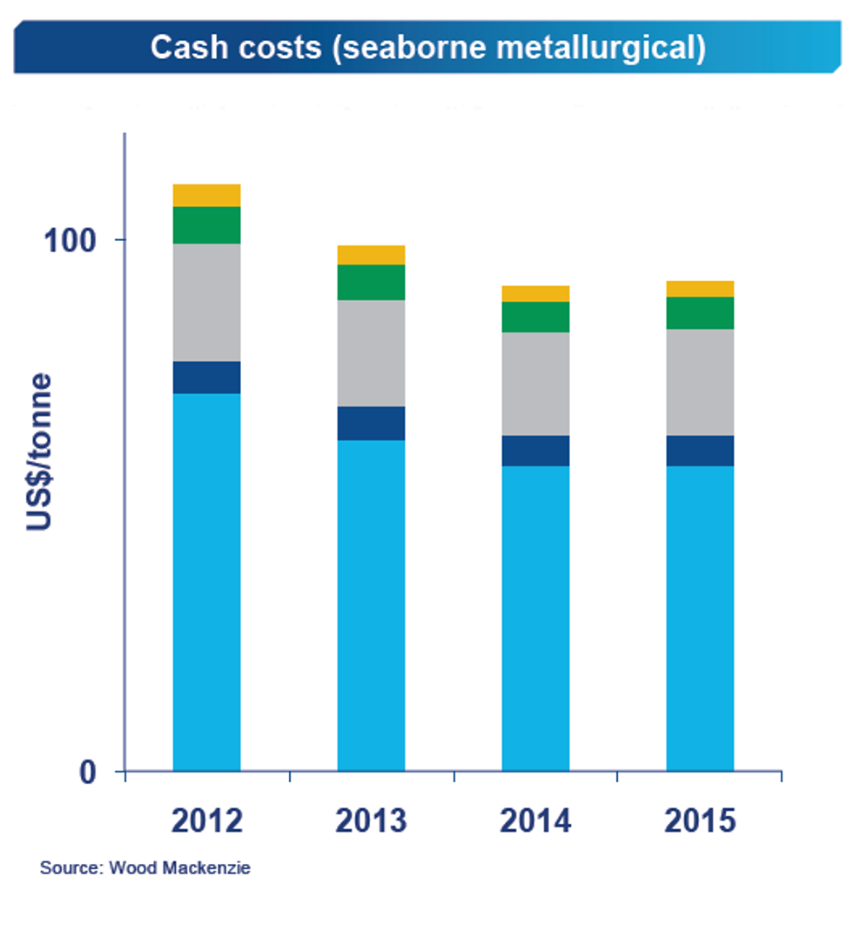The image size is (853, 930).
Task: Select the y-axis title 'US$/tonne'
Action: [40, 452]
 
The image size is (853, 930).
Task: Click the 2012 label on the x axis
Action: [207, 820]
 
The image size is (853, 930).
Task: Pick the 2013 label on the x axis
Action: [372, 820]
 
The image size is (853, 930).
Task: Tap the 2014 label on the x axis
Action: [536, 820]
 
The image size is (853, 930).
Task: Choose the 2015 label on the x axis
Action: [701, 820]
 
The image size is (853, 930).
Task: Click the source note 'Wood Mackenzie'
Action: [144, 868]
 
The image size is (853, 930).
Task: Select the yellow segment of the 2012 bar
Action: [207, 195]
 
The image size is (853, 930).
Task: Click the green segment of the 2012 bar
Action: [207, 224]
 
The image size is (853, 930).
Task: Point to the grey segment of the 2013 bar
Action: [372, 353]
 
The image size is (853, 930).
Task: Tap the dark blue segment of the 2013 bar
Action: [372, 424]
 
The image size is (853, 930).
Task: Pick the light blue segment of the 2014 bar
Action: [536, 619]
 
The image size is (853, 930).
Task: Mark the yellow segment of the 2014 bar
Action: [536, 293]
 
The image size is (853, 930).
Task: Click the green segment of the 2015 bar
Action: [701, 313]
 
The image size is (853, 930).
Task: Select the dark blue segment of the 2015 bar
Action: [701, 451]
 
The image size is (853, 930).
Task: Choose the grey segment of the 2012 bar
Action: [207, 302]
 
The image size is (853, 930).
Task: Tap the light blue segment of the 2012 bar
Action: [207, 583]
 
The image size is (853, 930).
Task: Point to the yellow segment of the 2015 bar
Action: [701, 289]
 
